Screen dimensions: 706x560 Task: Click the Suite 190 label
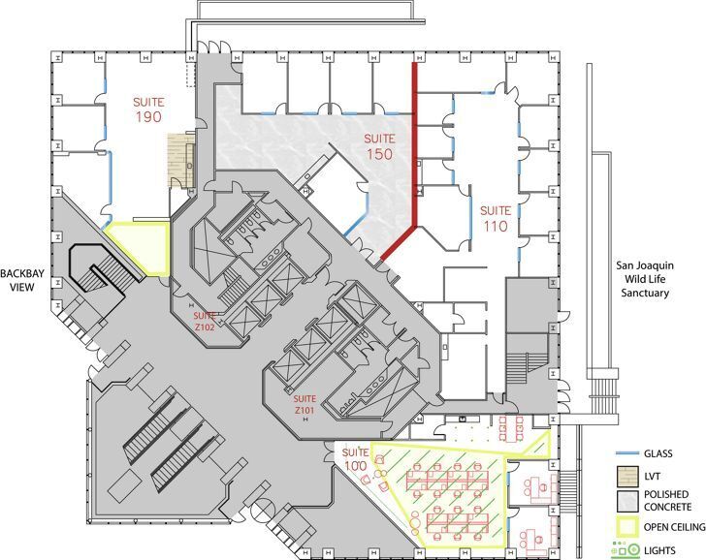(x=148, y=109)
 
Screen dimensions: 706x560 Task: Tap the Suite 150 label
(x=379, y=146)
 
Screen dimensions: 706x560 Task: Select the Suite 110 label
(x=496, y=219)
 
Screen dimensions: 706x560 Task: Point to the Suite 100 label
(x=356, y=459)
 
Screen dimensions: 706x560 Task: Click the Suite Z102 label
(x=205, y=322)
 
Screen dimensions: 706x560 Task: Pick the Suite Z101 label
(x=305, y=404)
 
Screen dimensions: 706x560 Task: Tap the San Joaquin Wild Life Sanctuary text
(x=645, y=279)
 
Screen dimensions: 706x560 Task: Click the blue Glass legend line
(x=627, y=453)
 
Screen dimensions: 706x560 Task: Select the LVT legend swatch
(x=627, y=477)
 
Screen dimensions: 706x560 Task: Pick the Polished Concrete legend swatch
(x=627, y=501)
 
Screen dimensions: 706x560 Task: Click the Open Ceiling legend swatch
(x=627, y=527)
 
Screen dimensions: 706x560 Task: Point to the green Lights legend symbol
(x=626, y=549)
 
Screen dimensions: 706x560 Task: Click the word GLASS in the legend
(x=658, y=453)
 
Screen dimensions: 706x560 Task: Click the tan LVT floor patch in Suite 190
(x=181, y=159)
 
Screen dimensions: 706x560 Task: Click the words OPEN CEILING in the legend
(x=674, y=527)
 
